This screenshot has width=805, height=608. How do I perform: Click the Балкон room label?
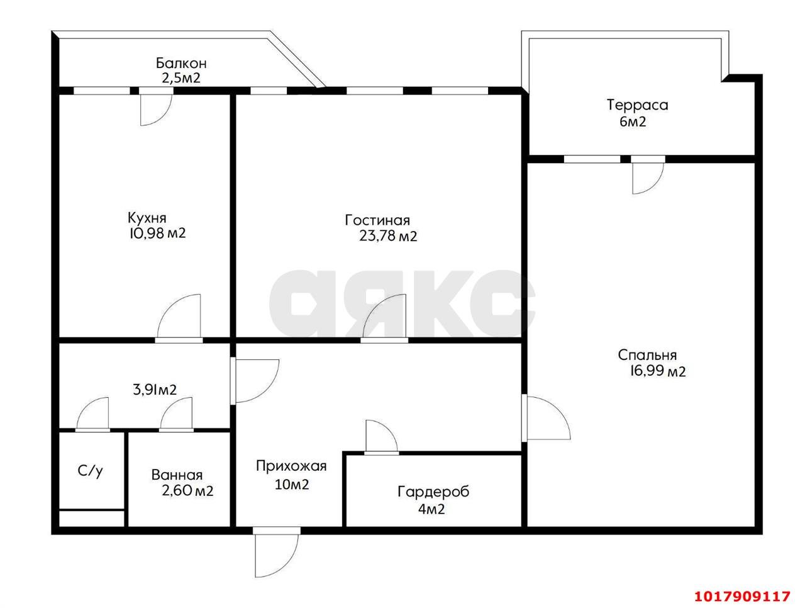click(180, 63)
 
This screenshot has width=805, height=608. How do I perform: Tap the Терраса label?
click(637, 105)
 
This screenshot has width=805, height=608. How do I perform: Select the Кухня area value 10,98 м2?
click(157, 233)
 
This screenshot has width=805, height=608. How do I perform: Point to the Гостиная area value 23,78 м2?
click(388, 236)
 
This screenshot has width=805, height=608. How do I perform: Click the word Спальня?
click(647, 355)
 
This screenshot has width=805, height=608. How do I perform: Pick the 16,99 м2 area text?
click(658, 372)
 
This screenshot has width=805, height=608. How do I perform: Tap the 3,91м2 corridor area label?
click(155, 390)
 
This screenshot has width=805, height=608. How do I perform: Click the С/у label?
click(90, 471)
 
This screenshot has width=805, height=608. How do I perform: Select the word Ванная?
click(177, 475)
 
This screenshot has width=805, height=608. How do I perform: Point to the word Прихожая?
click(291, 466)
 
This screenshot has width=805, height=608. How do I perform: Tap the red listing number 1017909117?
click(742, 596)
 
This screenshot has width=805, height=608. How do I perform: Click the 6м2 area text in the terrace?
click(633, 121)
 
